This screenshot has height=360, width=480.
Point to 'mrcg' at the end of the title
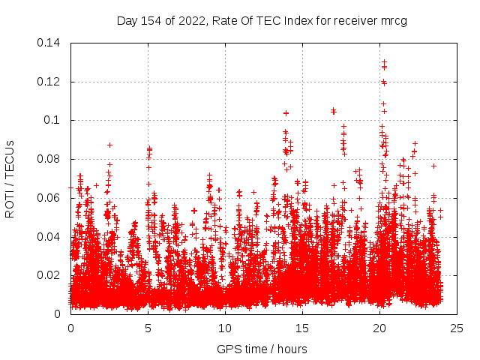point(393,20)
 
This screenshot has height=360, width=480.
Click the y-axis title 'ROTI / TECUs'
point(10,178)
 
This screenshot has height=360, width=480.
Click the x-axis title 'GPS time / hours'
point(262,349)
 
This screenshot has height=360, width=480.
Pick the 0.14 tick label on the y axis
point(51,43)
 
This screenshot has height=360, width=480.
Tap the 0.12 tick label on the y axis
point(51,82)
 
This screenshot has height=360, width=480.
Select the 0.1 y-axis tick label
point(55,120)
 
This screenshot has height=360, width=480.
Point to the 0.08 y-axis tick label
point(51,159)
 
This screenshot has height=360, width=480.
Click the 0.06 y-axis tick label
point(51,198)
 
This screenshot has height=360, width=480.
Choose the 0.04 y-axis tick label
point(51,237)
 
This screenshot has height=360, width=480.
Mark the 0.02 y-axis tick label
point(51,275)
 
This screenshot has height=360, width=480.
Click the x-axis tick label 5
point(148,328)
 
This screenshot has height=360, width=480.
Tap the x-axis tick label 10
point(225,328)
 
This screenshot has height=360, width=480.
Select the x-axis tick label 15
point(302,328)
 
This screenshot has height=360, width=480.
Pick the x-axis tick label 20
point(379,328)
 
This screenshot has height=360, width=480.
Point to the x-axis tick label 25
point(457,328)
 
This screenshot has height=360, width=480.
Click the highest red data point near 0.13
point(384,62)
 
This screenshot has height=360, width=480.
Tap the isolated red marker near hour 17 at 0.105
point(333,111)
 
